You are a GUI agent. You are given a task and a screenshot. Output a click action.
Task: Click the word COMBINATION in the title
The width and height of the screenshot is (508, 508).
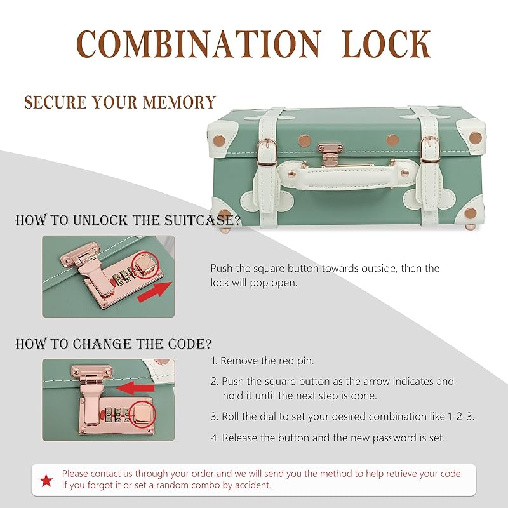(x=199, y=44)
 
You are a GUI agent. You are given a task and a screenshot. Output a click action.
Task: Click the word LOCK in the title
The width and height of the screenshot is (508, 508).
(x=386, y=44)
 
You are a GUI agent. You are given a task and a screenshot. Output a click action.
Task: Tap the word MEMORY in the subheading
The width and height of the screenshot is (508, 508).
(x=179, y=102)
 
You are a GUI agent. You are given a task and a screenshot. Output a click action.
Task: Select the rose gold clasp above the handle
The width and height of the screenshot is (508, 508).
(x=330, y=154)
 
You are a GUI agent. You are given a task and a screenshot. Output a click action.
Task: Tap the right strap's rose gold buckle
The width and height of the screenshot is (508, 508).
(x=431, y=150)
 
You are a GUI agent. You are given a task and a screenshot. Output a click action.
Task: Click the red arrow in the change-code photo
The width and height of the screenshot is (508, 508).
(x=135, y=388)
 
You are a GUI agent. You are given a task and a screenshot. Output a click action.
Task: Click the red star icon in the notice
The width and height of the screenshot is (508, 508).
(x=46, y=480)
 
